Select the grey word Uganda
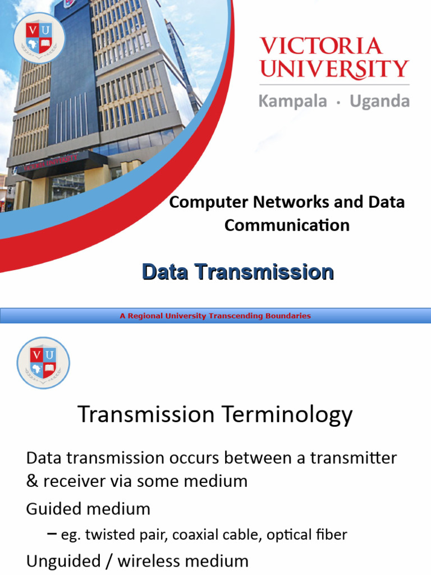[379, 101]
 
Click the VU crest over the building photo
[39, 37]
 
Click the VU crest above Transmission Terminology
[43, 363]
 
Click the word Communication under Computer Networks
[287, 225]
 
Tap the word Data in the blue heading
[166, 272]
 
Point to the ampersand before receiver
[31, 481]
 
